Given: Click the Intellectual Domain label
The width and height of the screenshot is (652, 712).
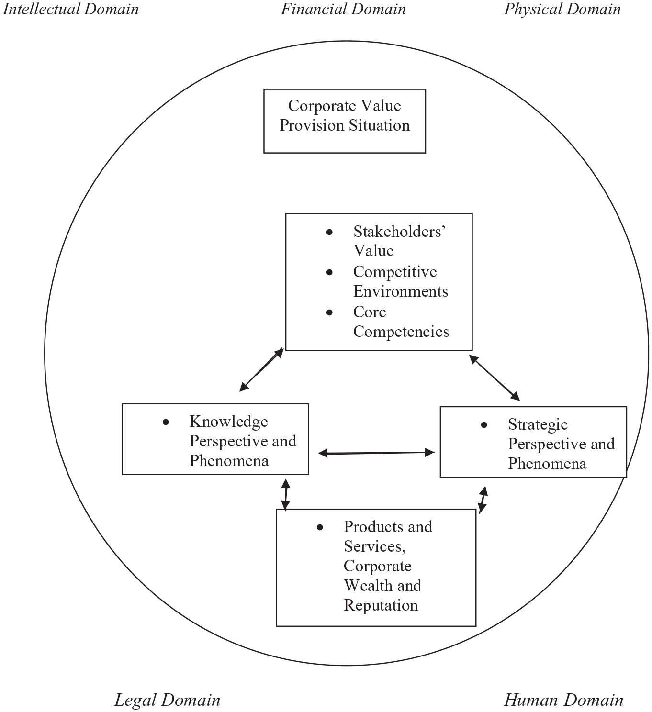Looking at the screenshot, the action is pyautogui.click(x=71, y=10).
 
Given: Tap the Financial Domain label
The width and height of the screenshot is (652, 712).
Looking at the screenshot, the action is pyautogui.click(x=343, y=9).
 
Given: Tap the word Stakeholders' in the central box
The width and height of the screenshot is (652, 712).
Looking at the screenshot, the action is pyautogui.click(x=399, y=232).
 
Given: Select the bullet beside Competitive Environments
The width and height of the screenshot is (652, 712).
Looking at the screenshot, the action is pyautogui.click(x=329, y=272).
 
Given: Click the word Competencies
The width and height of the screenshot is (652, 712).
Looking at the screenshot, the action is pyautogui.click(x=401, y=332).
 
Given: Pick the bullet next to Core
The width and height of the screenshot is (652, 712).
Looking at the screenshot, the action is pyautogui.click(x=329, y=312).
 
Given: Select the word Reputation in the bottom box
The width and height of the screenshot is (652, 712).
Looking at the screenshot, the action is pyautogui.click(x=381, y=605).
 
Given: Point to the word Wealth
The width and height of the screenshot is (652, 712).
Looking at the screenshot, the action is pyautogui.click(x=370, y=585).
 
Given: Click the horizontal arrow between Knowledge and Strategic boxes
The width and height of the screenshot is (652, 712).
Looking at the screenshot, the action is pyautogui.click(x=376, y=453).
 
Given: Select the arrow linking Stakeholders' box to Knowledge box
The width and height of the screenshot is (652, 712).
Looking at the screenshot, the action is pyautogui.click(x=261, y=369).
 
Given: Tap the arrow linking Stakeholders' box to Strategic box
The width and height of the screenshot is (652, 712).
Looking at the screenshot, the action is pyautogui.click(x=495, y=378).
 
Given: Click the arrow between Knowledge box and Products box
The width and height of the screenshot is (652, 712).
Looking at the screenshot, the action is pyautogui.click(x=285, y=495).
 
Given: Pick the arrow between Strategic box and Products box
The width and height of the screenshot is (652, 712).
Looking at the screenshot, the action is pyautogui.click(x=483, y=500).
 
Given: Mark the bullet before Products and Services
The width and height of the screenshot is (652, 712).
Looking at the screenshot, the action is pyautogui.click(x=320, y=527).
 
